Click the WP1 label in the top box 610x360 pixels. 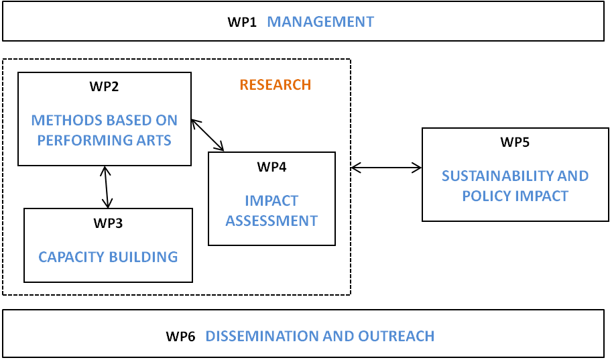point(242,22)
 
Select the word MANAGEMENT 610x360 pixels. point(320,22)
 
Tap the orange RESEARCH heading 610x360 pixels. point(276,85)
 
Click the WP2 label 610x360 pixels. point(104,86)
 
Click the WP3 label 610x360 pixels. point(108,223)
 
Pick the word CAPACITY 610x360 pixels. point(71,257)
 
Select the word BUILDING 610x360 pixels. point(143,257)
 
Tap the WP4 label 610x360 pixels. point(271,167)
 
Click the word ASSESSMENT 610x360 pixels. point(271,221)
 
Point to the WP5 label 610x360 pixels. point(515,142)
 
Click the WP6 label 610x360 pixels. point(180,337)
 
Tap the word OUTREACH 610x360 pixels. point(396,337)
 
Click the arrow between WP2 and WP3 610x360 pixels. point(106,187)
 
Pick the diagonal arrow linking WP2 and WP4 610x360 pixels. point(208,135)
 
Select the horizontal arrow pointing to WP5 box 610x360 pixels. point(386,168)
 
